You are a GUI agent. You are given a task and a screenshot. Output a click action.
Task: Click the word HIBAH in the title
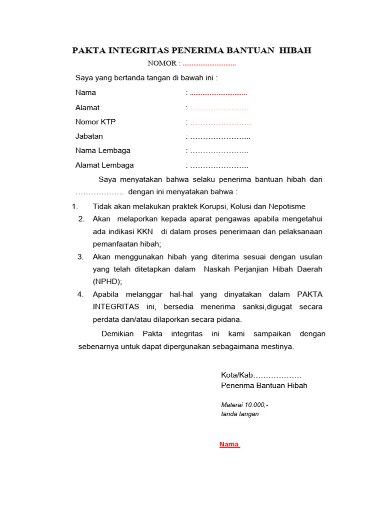294,50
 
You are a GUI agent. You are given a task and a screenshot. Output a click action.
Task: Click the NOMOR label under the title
162,63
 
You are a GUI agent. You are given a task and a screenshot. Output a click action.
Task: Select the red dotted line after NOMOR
209,64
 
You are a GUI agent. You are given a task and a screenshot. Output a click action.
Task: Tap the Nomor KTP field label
95,122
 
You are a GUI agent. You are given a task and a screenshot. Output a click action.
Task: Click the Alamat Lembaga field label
104,165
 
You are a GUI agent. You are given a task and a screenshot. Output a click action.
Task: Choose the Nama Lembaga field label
102,151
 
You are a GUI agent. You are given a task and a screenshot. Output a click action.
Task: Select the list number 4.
80,294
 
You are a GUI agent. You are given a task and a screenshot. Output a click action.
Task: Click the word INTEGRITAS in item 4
116,307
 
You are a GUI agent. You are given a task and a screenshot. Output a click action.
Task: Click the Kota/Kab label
237,375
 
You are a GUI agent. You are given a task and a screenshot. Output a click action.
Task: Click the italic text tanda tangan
239,414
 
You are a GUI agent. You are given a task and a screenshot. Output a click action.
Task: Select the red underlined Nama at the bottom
229,445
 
